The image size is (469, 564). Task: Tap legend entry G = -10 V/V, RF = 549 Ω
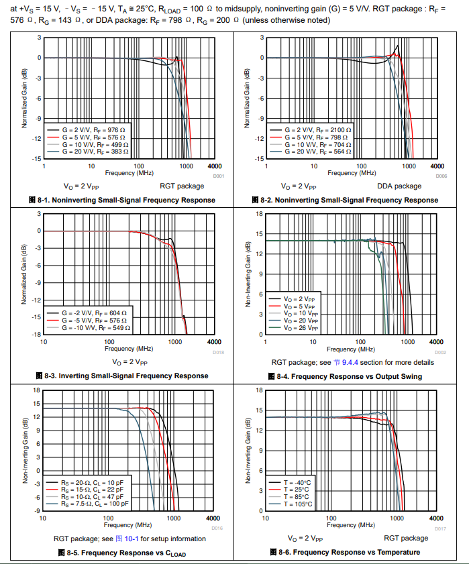click(94, 329)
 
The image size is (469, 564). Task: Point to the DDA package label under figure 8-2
click(399, 186)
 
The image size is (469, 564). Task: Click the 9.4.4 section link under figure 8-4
click(351, 362)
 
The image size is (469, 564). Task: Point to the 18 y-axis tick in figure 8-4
click(260, 214)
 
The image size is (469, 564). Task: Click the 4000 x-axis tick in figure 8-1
click(214, 166)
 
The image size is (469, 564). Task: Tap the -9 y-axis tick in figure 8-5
click(37, 510)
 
